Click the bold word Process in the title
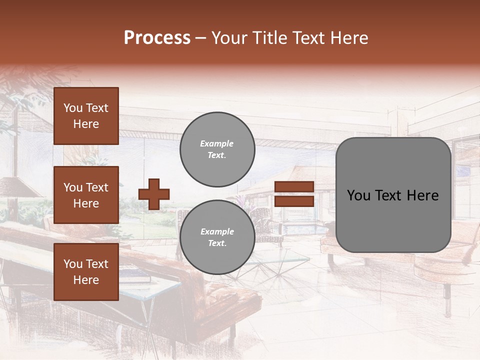click(157, 38)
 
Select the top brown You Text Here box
click(86, 116)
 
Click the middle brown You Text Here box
click(86, 195)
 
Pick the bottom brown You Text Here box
click(86, 271)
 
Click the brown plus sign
click(154, 194)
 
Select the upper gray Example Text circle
click(217, 149)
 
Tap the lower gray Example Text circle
click(217, 237)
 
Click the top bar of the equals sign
click(294, 187)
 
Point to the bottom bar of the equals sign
click(294, 201)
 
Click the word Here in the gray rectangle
click(422, 195)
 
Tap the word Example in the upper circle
click(217, 143)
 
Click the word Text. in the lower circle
click(217, 243)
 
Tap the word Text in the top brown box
click(97, 108)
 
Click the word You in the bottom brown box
click(73, 264)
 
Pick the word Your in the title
click(229, 38)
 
